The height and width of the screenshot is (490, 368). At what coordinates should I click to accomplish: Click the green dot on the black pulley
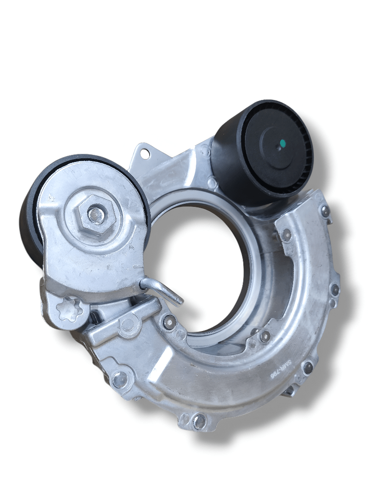coord(282,144)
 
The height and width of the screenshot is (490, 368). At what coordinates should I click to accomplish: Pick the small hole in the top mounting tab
coord(145,154)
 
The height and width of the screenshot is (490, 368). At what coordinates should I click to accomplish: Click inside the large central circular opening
coord(204,268)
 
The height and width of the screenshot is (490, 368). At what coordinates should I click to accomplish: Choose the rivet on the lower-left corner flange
coord(119,379)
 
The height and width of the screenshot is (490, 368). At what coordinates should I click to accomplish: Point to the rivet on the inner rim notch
coord(265,336)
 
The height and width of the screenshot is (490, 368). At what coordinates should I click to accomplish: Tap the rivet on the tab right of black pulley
coord(325,211)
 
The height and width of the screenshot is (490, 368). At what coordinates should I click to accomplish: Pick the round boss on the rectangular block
coord(128,324)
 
